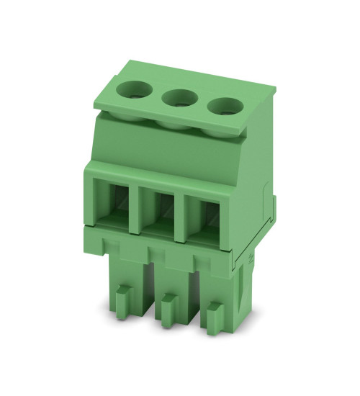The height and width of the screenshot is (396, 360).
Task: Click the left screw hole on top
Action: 134,91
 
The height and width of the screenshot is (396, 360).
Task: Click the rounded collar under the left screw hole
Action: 130,112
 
